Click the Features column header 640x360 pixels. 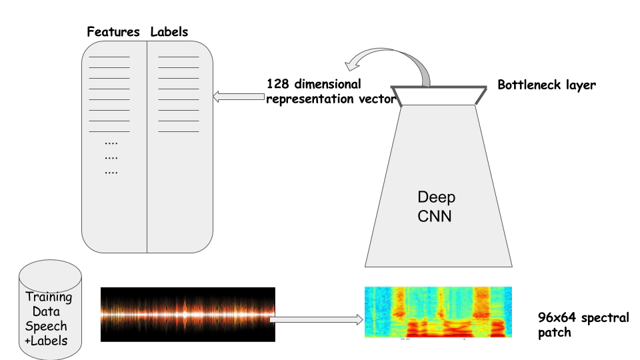[x=113, y=32]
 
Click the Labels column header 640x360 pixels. [x=169, y=32]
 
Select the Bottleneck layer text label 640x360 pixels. [x=547, y=85]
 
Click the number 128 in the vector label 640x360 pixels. [x=277, y=85]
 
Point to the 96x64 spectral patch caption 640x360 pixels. [x=583, y=325]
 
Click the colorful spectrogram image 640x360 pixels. [x=438, y=312]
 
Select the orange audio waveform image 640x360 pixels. [x=187, y=315]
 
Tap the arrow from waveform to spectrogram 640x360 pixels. [x=317, y=320]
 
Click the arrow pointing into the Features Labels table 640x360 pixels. [x=238, y=97]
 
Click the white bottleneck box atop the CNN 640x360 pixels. [x=437, y=97]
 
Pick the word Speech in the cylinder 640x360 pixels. [x=46, y=326]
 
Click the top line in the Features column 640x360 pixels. [x=109, y=57]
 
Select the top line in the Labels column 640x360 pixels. [x=179, y=57]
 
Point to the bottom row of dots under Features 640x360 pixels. [x=111, y=172]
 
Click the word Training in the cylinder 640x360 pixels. [x=49, y=297]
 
